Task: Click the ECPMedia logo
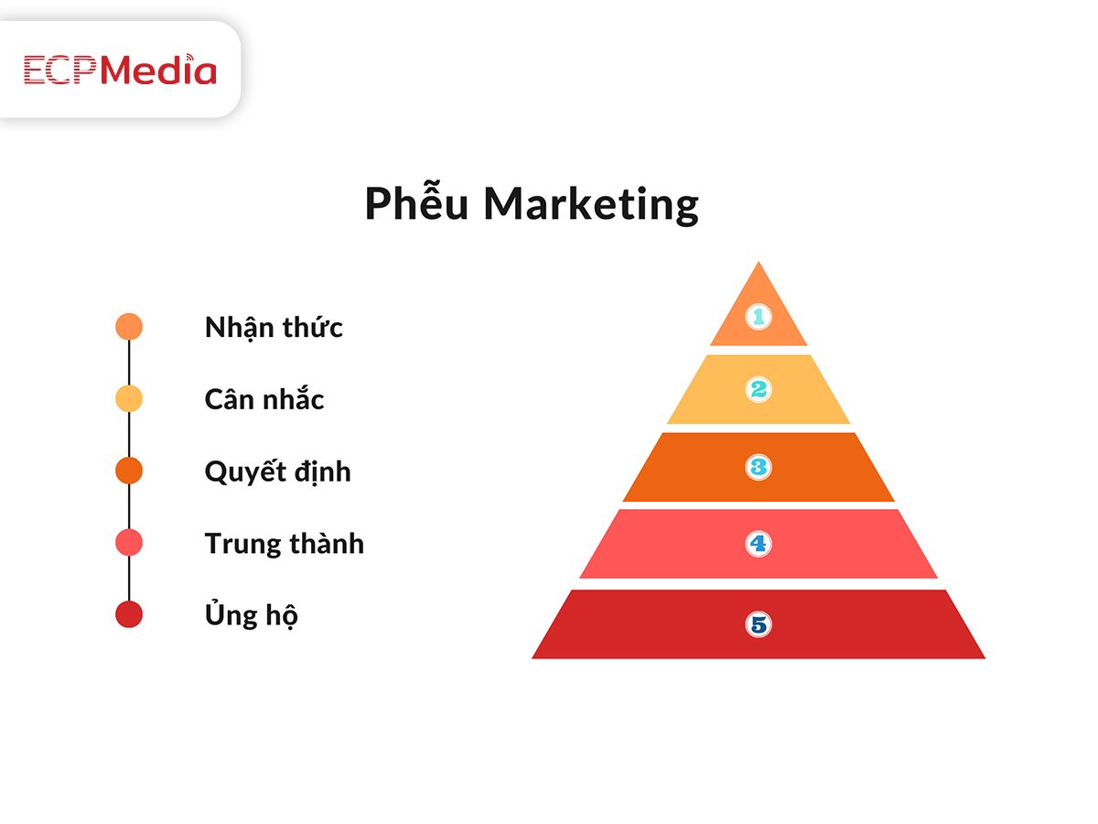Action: pyautogui.click(x=120, y=69)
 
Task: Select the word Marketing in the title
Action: pyautogui.click(x=591, y=204)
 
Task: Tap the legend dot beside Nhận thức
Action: pyautogui.click(x=129, y=327)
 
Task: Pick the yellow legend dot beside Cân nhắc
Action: pyautogui.click(x=129, y=399)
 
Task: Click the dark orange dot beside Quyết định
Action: pyautogui.click(x=129, y=471)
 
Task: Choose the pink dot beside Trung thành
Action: pyautogui.click(x=129, y=543)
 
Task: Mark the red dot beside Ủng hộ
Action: pyautogui.click(x=129, y=614)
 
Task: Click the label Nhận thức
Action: pyautogui.click(x=274, y=328)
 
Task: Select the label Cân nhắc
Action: pyautogui.click(x=264, y=399)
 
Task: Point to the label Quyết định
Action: pyautogui.click(x=277, y=472)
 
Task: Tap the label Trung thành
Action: pyautogui.click(x=285, y=543)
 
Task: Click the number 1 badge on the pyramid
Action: pyautogui.click(x=759, y=316)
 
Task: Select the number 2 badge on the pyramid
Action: pyautogui.click(x=759, y=389)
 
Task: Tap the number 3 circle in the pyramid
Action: pyautogui.click(x=759, y=467)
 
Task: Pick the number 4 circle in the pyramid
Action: pyautogui.click(x=759, y=543)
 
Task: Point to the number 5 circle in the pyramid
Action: pyautogui.click(x=759, y=624)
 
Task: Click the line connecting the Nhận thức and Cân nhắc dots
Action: pyautogui.click(x=129, y=363)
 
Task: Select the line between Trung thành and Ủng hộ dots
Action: pyautogui.click(x=129, y=579)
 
